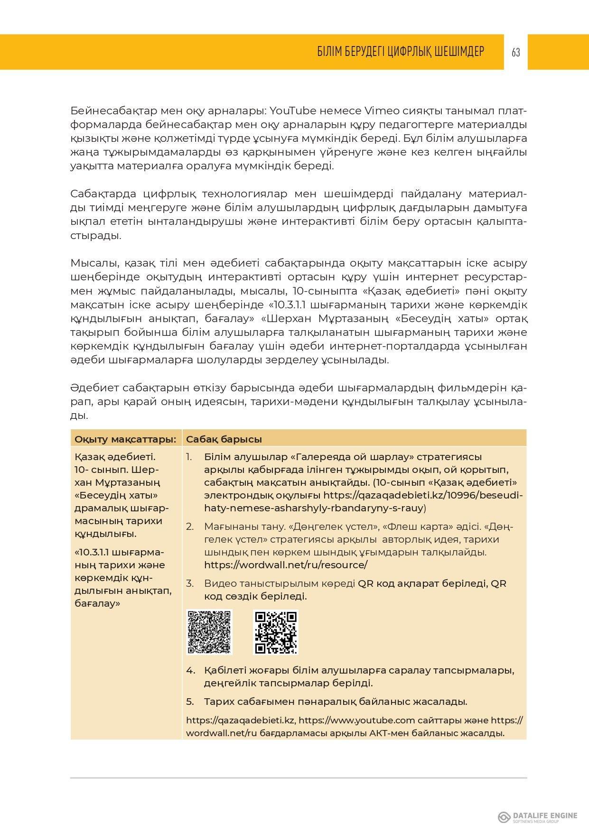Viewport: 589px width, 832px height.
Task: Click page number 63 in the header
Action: coord(516,52)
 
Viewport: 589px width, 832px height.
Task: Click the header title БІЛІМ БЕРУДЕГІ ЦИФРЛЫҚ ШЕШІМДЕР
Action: coord(401,52)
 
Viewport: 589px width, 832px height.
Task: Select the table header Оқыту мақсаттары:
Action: coord(125,439)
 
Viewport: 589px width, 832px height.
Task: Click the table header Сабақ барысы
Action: coord(224,439)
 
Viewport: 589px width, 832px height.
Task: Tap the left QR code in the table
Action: coord(210,632)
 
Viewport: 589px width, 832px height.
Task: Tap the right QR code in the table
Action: coord(276,632)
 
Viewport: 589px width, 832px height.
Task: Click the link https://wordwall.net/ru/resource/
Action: coord(286,565)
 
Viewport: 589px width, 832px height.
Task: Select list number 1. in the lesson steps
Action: coord(189,457)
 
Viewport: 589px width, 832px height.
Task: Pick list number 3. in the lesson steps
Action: coord(190,583)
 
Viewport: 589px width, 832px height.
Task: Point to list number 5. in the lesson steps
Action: coord(190,702)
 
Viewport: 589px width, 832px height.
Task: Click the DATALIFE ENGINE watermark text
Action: coord(545,815)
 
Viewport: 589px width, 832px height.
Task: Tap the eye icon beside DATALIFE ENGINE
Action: coord(504,817)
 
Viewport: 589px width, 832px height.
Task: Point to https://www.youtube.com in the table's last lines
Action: coord(357,720)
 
